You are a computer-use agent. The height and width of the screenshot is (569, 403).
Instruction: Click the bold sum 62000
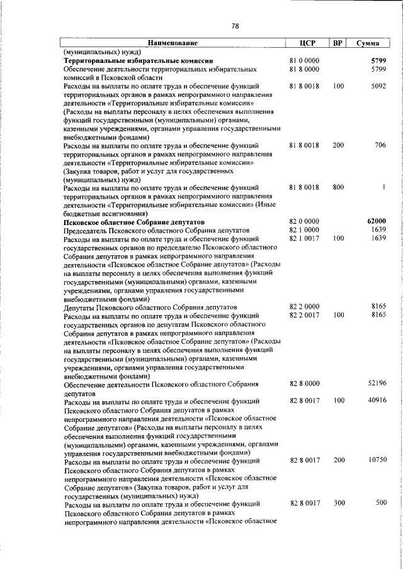[376, 221]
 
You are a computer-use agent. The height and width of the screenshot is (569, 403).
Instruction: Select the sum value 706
[379, 145]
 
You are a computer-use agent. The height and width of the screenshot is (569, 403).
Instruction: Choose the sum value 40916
[377, 400]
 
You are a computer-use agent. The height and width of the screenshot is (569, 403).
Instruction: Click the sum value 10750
[377, 460]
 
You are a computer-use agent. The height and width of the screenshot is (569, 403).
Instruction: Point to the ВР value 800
[339, 187]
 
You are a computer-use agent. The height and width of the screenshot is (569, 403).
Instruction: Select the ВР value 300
[339, 502]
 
